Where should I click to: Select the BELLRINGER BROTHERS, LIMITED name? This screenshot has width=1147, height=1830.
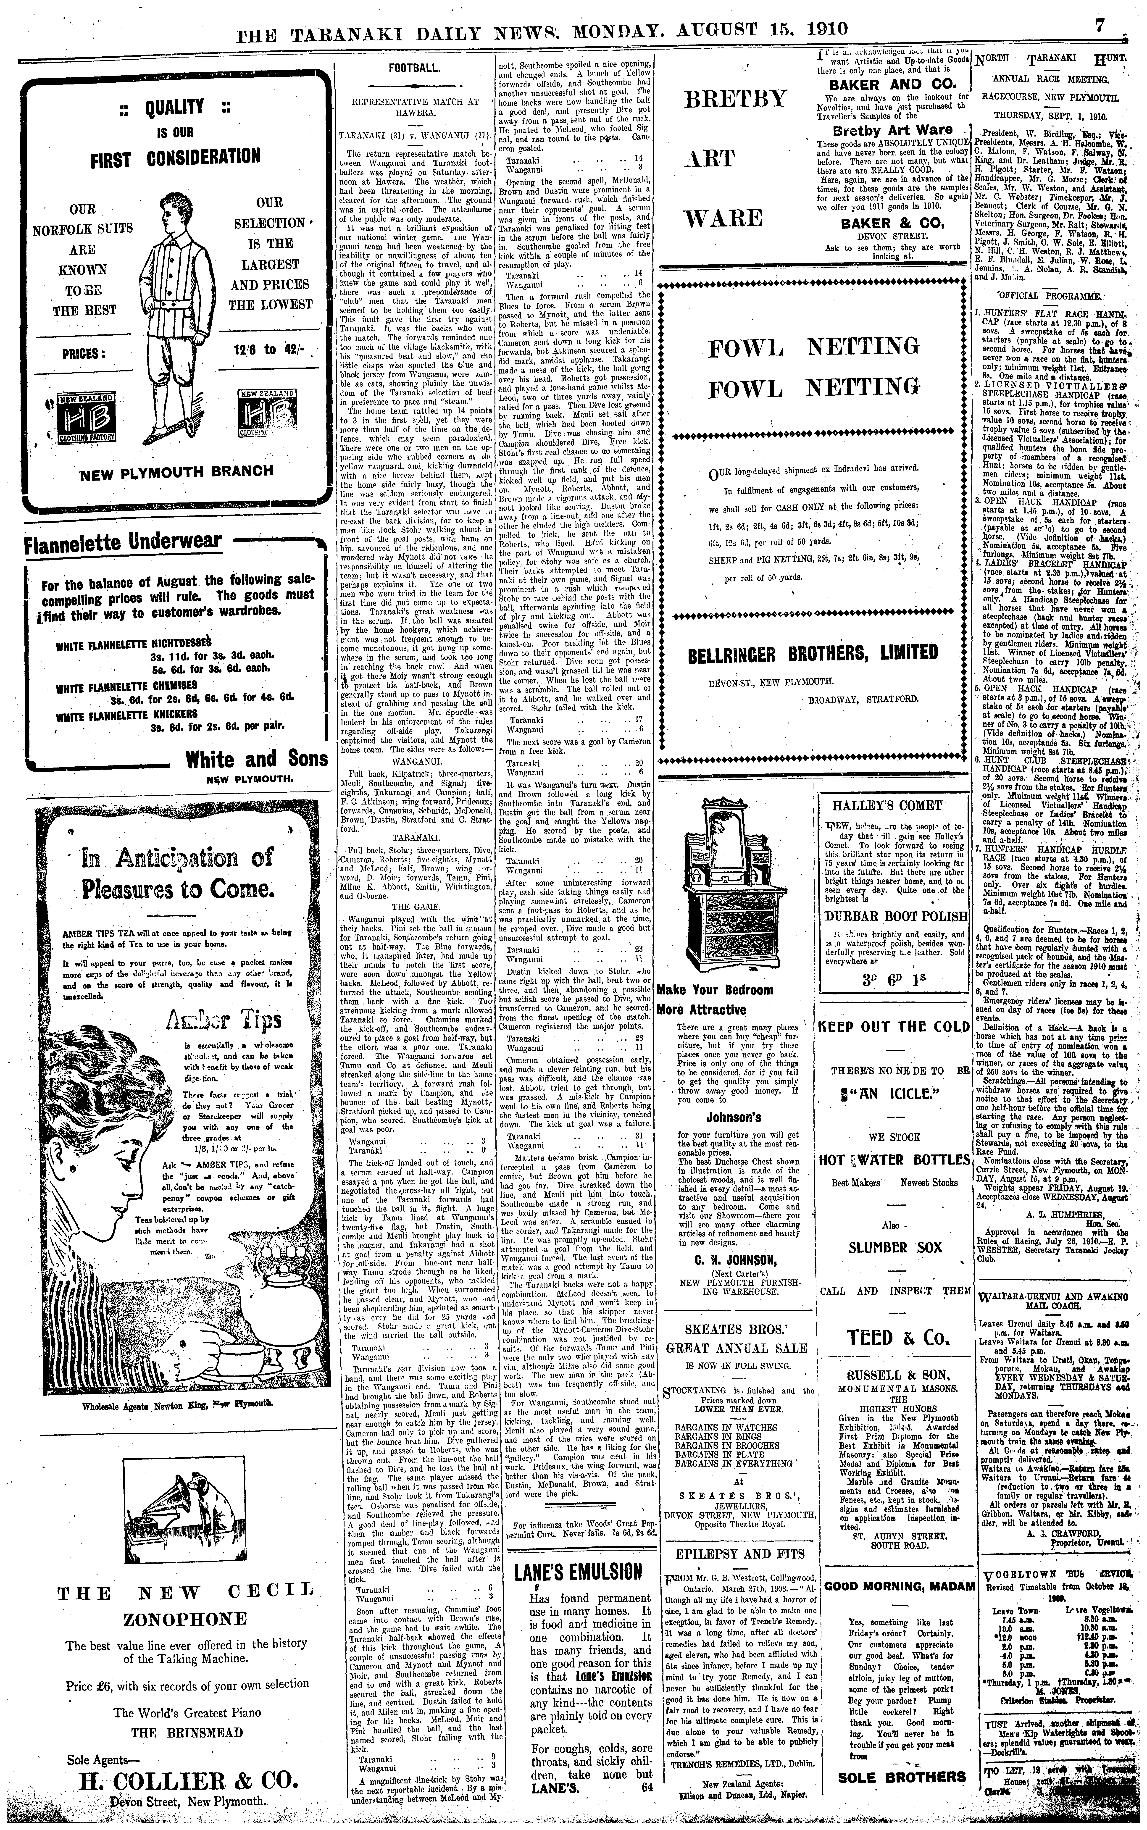[x=813, y=653]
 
